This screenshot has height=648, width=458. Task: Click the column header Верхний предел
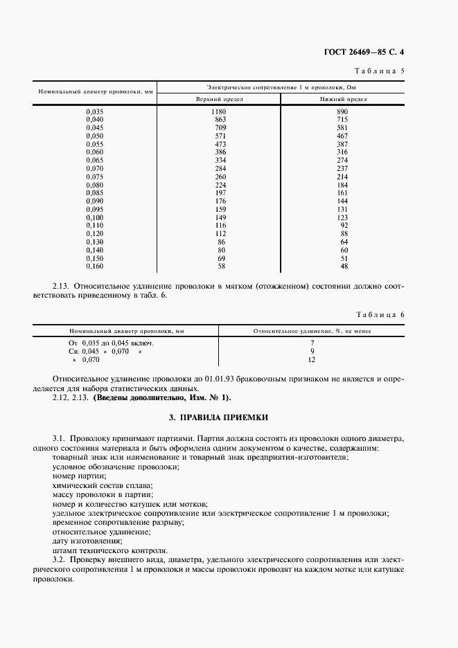tap(220, 100)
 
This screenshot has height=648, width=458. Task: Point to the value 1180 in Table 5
tap(220, 111)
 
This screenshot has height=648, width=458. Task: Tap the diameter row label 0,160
tap(94, 266)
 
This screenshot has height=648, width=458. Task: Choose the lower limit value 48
tap(344, 266)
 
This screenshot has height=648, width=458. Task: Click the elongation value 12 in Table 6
tap(312, 361)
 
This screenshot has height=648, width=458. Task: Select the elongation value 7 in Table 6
tap(312, 343)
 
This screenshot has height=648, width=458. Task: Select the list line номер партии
tap(79, 476)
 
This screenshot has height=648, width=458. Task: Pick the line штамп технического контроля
tap(109, 551)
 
